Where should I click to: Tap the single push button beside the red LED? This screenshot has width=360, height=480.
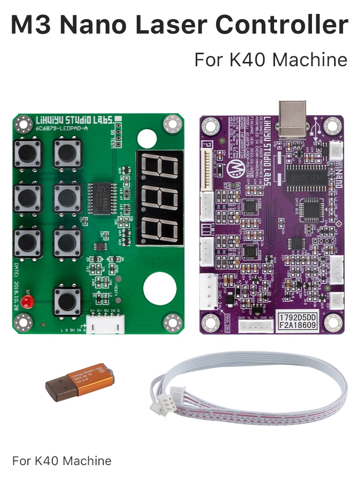67,301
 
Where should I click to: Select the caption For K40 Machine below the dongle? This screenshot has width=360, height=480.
62,461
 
